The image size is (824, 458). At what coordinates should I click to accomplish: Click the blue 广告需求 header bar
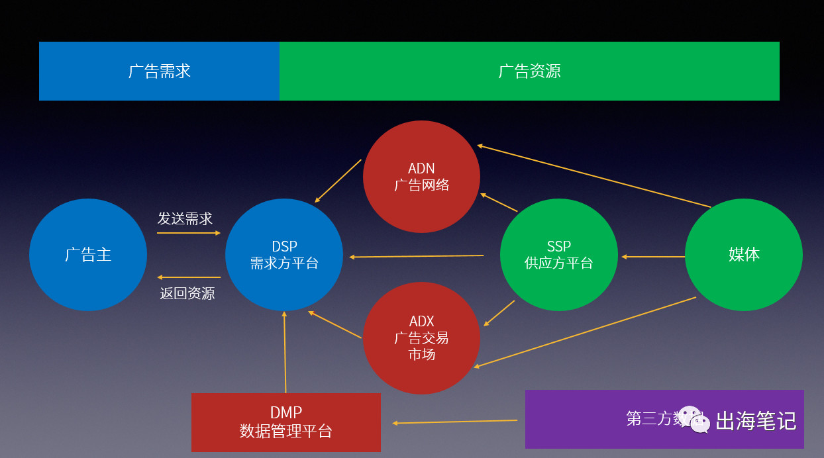(159, 71)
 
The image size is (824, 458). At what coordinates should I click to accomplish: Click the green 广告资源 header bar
(529, 71)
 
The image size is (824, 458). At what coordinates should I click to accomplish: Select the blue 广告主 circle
(88, 255)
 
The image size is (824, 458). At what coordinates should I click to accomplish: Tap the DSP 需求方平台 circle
(284, 255)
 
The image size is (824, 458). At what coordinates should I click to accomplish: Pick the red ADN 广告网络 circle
(421, 177)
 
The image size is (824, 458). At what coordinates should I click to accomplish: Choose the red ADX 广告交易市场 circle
(421, 338)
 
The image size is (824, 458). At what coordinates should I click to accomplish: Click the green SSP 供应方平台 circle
(558, 255)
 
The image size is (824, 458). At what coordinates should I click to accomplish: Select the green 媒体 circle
(743, 255)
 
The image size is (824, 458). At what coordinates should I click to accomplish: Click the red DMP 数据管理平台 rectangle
(285, 422)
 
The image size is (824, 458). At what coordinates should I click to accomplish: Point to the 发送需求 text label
(185, 218)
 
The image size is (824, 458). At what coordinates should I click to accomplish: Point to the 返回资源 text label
(187, 293)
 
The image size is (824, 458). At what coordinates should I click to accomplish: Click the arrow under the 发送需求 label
(188, 233)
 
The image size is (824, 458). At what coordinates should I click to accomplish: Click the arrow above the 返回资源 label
(189, 277)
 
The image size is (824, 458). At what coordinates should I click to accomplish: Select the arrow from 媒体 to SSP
(652, 257)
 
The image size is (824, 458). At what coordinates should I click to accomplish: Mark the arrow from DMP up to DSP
(285, 351)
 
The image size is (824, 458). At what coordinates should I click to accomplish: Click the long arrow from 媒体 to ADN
(593, 176)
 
